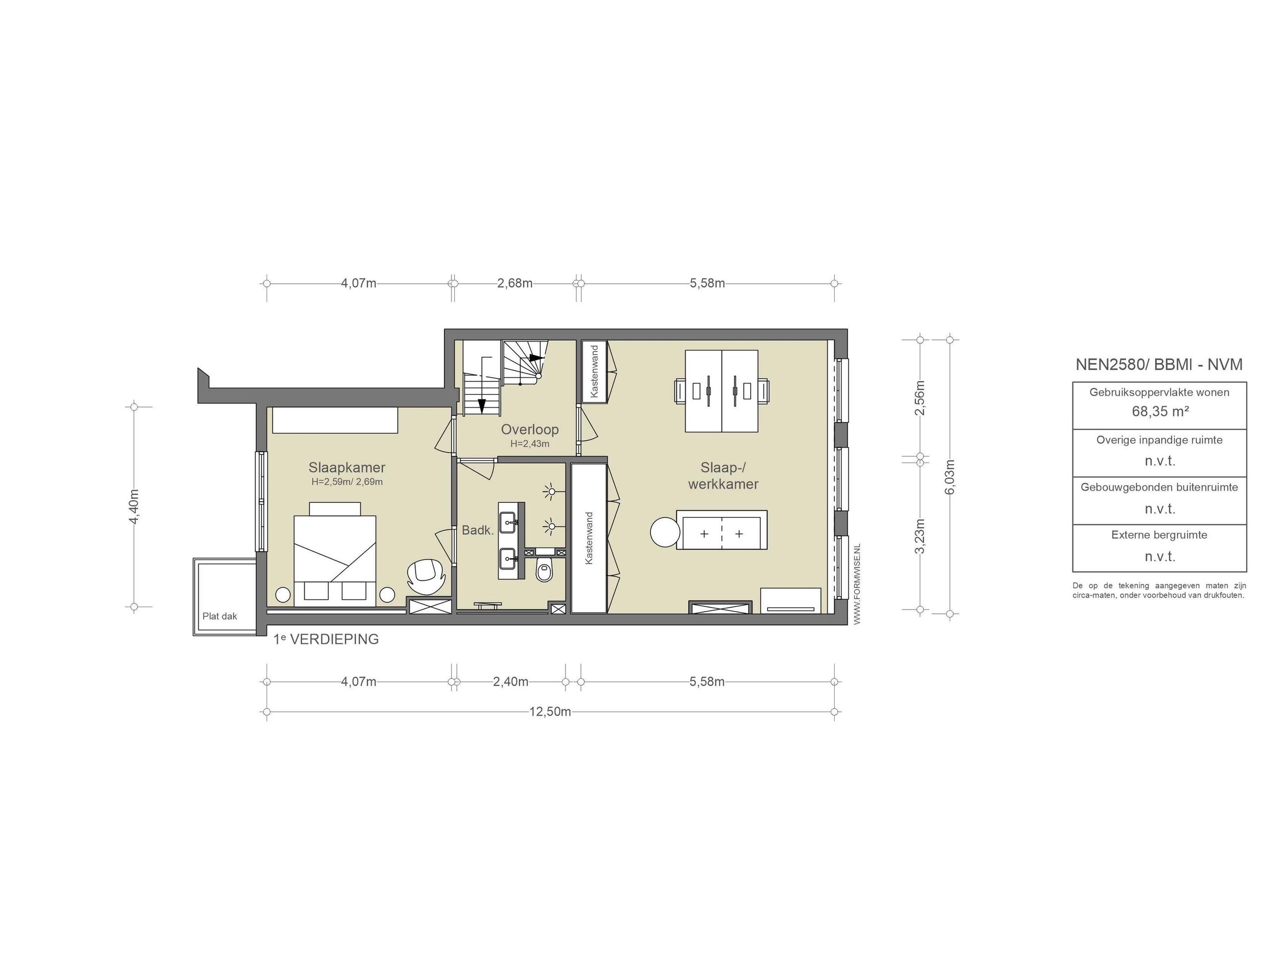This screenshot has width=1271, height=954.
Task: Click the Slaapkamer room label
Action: (347, 468)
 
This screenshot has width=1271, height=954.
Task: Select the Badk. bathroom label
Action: (478, 530)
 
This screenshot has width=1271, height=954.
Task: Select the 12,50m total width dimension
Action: (550, 712)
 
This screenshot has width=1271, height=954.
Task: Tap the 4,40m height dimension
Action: (134, 507)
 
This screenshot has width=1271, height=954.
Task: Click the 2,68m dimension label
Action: (514, 284)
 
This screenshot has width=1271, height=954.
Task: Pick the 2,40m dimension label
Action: (510, 682)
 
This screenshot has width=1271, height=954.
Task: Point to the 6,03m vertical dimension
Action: (950, 476)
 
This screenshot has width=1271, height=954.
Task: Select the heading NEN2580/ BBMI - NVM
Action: (1159, 365)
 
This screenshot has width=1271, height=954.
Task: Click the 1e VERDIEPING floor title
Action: (326, 639)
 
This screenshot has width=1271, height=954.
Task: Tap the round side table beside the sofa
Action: (665, 533)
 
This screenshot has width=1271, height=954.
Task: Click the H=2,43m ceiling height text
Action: (529, 444)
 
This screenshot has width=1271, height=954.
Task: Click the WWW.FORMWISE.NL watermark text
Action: (857, 583)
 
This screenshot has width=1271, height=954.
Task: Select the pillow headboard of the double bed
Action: (335, 509)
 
